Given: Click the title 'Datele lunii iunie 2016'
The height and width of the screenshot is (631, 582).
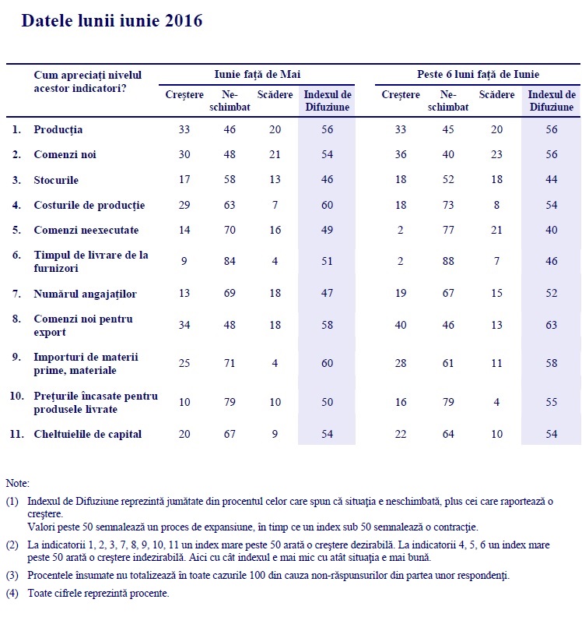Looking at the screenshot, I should pyautogui.click(x=112, y=21).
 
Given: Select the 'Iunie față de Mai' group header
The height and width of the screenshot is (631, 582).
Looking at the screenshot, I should pyautogui.click(x=258, y=74).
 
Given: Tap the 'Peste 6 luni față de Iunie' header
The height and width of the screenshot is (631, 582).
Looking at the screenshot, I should pyautogui.click(x=479, y=74).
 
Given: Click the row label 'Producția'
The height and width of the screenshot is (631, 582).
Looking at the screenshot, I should pyautogui.click(x=58, y=129).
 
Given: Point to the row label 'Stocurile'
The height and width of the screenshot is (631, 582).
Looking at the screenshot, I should pyautogui.click(x=56, y=180).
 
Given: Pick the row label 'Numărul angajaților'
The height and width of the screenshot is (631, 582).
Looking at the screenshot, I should pyautogui.click(x=86, y=294).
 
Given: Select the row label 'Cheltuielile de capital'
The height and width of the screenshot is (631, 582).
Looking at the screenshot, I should pyautogui.click(x=88, y=434).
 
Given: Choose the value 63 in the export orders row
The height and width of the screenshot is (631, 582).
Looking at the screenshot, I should pyautogui.click(x=552, y=325).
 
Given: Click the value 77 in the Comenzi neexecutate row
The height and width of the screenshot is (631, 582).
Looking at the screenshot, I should pyautogui.click(x=447, y=231).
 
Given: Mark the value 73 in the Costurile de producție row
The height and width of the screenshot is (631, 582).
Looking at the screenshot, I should pyautogui.click(x=447, y=205).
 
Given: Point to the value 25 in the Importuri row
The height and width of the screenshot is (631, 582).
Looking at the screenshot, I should pyautogui.click(x=184, y=364).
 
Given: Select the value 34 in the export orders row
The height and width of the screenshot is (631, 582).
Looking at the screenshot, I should pyautogui.click(x=184, y=325).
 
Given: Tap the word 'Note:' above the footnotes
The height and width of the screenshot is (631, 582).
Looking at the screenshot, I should pyautogui.click(x=18, y=483).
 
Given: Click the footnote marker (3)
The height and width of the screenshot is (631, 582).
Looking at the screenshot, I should pyautogui.click(x=12, y=575).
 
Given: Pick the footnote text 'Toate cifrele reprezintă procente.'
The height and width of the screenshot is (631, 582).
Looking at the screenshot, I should pyautogui.click(x=98, y=593).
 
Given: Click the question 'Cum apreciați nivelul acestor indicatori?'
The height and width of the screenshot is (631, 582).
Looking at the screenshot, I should pyautogui.click(x=87, y=81).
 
